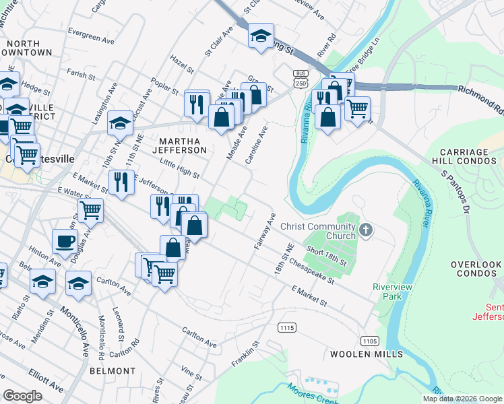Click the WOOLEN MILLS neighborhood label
tap(367, 353)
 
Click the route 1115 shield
tap(286, 327)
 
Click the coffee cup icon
tap(65, 240)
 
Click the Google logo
tap(22, 396)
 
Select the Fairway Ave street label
tap(265, 232)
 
